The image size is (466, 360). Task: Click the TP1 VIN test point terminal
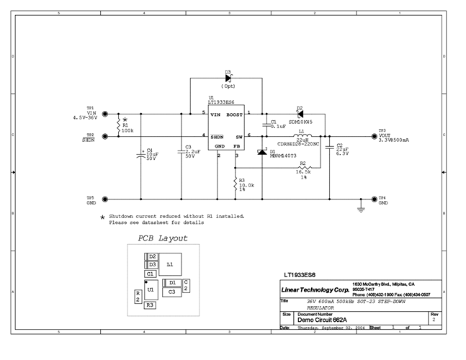106,113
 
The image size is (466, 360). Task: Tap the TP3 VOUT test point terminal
374,135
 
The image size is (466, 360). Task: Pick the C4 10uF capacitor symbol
141,153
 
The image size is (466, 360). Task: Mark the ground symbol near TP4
361,209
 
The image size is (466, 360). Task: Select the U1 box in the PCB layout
151,289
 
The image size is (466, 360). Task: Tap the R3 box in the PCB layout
150,305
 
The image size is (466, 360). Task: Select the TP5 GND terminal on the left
106,199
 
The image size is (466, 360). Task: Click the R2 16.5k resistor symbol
303,167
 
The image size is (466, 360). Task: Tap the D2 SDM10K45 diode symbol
300,114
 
